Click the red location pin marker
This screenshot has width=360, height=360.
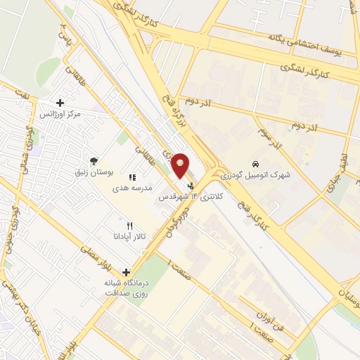click(x=181, y=165)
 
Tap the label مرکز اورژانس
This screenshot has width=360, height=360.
click(x=59, y=114)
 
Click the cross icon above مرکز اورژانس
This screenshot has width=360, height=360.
click(x=59, y=103)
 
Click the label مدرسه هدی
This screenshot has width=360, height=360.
click(x=132, y=188)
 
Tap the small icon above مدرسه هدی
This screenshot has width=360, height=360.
click(x=132, y=177)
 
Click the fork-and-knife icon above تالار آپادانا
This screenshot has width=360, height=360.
click(x=128, y=225)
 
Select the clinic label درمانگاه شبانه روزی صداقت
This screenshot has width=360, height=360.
click(x=127, y=288)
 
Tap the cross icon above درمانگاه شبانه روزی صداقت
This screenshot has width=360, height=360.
click(x=127, y=272)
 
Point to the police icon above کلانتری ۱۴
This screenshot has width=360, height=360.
click(x=191, y=186)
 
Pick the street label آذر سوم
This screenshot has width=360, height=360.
click(x=269, y=138)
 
